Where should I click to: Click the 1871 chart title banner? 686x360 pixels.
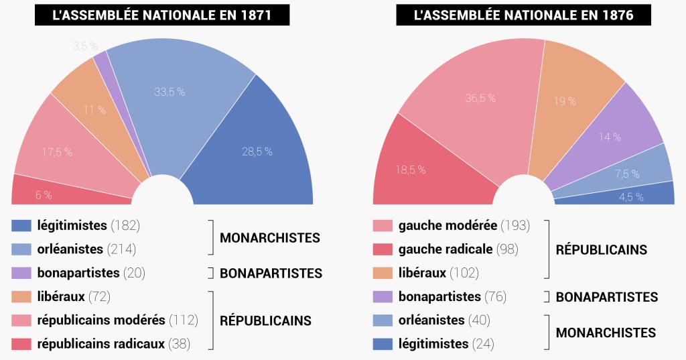[x=162, y=15]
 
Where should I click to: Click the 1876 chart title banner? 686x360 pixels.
[x=524, y=15]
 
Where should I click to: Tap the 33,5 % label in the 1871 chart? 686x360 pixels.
[x=169, y=92]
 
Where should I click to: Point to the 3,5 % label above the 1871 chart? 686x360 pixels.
[x=85, y=46]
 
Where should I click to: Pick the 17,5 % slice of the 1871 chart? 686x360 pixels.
[x=57, y=152]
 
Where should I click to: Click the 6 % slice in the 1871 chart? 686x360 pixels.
[x=44, y=195]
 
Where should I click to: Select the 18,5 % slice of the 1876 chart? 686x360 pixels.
[x=411, y=170]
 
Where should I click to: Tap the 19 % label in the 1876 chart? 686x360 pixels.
[x=565, y=101]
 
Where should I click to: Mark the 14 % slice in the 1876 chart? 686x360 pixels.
[x=610, y=137]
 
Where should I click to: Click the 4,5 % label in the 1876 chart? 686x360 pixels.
[x=630, y=196]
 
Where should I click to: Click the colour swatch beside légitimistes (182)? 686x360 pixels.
[x=21, y=225]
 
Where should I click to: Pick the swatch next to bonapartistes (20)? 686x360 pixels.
[x=21, y=273]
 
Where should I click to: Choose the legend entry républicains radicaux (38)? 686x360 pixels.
[x=114, y=344]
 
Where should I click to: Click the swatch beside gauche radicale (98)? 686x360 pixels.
[x=383, y=249]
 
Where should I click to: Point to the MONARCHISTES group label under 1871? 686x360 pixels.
[x=270, y=237]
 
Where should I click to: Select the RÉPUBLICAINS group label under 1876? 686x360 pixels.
[x=602, y=249]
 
